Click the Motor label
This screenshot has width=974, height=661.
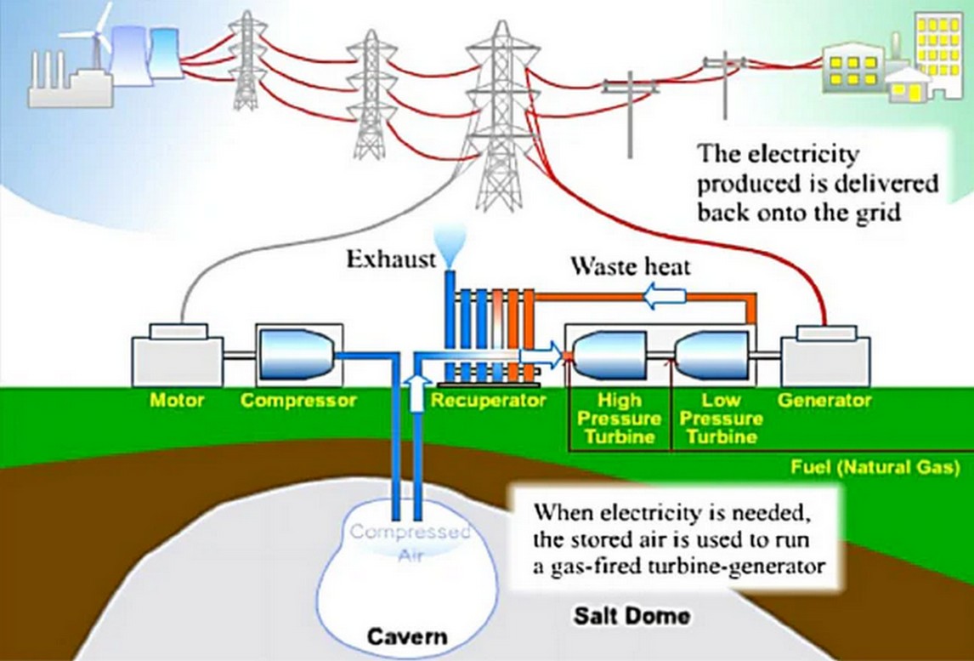tap(177, 400)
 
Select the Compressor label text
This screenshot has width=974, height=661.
tap(298, 400)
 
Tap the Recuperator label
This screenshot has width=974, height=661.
tap(487, 400)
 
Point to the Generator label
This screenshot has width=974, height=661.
tap(824, 400)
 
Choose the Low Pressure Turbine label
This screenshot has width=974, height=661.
tap(722, 419)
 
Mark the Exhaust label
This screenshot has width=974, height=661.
tap(389, 259)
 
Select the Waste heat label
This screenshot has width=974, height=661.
tap(630, 267)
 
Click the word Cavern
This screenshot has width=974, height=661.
tap(407, 636)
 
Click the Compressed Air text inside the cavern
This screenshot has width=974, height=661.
tap(411, 542)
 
